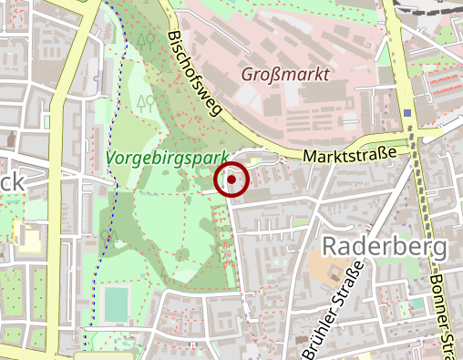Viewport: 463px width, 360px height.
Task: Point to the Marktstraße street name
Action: tap(351, 156)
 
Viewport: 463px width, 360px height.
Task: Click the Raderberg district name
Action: tap(386, 247)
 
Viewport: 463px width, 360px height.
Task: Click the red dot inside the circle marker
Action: tap(232, 180)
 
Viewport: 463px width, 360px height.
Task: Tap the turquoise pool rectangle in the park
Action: tap(116, 304)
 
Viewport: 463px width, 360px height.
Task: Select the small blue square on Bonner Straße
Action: tap(407, 114)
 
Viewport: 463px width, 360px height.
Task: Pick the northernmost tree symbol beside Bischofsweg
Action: tap(146, 41)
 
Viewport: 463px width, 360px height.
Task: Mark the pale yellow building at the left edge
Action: tap(30, 240)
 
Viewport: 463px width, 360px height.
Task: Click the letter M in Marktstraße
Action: tap(310, 159)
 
